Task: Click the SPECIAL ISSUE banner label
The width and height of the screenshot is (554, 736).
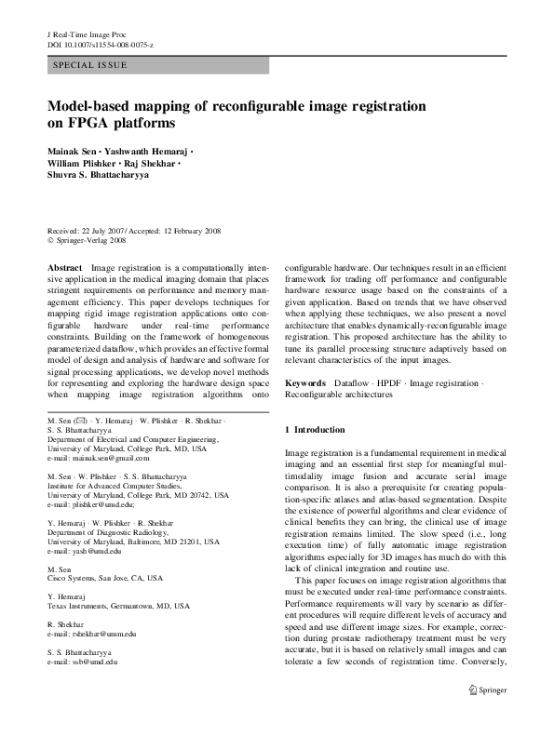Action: point(90,65)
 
